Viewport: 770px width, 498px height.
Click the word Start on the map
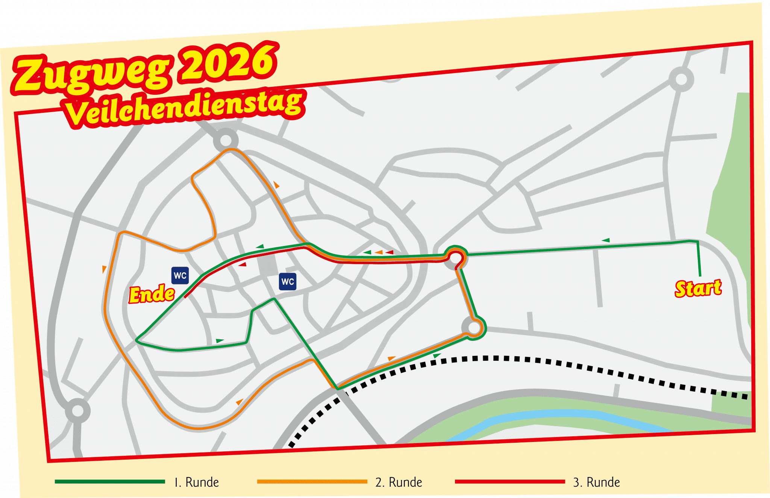pyautogui.click(x=698, y=288)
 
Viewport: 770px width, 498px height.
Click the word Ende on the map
pyautogui.click(x=152, y=294)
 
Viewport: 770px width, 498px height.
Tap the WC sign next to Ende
pyautogui.click(x=180, y=275)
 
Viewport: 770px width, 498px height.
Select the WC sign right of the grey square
pyautogui.click(x=288, y=281)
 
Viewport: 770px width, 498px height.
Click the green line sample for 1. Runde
pyautogui.click(x=110, y=481)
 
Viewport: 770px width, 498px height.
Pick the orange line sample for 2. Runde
pyautogui.click(x=312, y=481)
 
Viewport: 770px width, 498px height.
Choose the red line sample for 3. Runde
pyautogui.click(x=510, y=481)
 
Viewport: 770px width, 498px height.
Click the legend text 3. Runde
pyautogui.click(x=596, y=482)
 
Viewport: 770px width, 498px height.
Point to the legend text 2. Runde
pyautogui.click(x=399, y=482)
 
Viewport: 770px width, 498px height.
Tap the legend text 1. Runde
pyautogui.click(x=197, y=482)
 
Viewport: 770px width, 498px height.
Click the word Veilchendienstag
pyautogui.click(x=184, y=107)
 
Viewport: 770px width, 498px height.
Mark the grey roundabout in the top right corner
pyautogui.click(x=681, y=79)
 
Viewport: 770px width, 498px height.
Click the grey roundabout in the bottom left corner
pyautogui.click(x=77, y=411)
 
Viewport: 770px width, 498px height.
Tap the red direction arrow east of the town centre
pyautogui.click(x=390, y=252)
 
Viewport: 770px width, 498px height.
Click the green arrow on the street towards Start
pyautogui.click(x=606, y=240)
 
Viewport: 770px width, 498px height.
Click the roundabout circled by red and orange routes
pyautogui.click(x=456, y=258)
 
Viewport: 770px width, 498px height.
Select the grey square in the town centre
pyautogui.click(x=268, y=264)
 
